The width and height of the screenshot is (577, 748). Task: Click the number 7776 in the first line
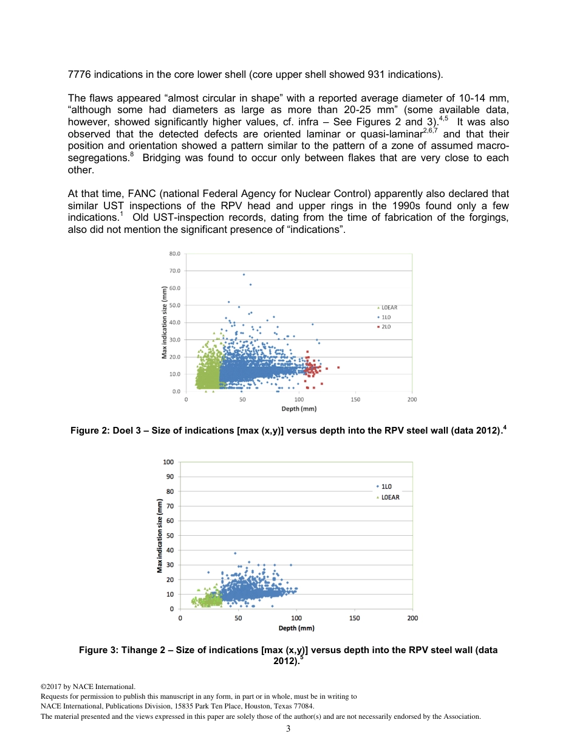(x=80, y=75)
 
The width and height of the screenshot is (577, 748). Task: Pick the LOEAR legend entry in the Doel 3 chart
(x=389, y=308)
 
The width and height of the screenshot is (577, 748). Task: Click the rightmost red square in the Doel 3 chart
(x=338, y=367)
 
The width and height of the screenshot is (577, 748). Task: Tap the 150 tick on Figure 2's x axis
(x=355, y=400)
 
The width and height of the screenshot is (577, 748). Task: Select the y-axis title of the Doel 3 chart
(x=164, y=322)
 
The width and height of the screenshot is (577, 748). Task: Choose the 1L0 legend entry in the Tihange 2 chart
(x=386, y=487)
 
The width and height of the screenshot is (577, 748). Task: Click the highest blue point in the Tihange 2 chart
(x=235, y=553)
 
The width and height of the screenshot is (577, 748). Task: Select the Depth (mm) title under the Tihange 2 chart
(x=296, y=628)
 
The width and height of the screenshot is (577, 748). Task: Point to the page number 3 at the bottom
(x=288, y=729)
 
